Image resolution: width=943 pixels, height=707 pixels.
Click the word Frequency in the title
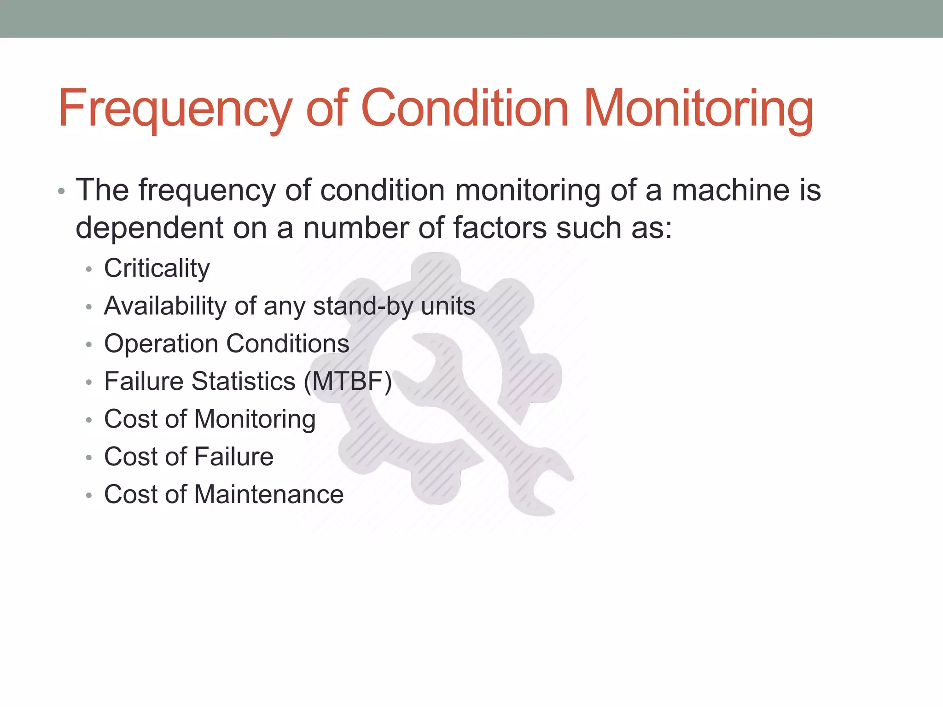175,109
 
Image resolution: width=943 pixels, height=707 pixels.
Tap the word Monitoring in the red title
698,109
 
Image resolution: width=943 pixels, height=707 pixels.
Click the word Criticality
157,268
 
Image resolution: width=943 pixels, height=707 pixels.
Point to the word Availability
165,306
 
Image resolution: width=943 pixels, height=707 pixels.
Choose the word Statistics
244,381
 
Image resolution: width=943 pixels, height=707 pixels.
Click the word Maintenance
269,494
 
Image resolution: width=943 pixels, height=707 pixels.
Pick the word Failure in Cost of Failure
234,457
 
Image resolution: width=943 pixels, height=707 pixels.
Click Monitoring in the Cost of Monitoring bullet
255,420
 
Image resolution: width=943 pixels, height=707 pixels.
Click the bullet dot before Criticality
89,269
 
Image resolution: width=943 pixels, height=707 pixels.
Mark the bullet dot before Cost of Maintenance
89,496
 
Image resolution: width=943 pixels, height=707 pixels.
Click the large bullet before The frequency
61,191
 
